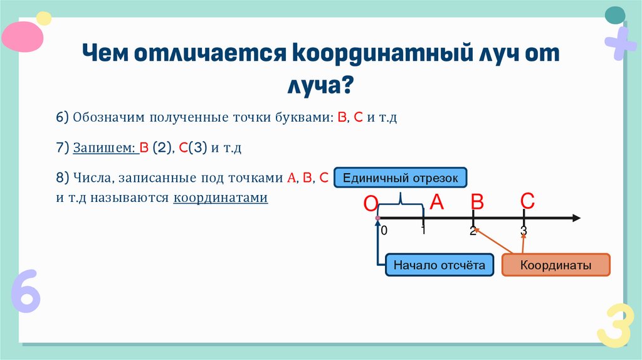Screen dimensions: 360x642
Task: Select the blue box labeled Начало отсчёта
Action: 439,265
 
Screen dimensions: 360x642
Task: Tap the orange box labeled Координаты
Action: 555,265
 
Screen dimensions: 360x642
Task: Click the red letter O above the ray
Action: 371,204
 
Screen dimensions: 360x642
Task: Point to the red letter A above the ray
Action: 436,201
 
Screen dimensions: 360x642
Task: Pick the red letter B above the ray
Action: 478,202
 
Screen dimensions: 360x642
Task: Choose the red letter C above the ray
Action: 527,201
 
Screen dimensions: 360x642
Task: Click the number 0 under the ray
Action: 384,231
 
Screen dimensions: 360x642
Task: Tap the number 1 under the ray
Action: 424,230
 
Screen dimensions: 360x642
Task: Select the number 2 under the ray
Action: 473,231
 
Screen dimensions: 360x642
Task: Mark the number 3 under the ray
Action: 524,231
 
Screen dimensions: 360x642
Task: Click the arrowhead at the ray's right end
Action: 575,218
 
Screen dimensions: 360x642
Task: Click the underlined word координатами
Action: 221,198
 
